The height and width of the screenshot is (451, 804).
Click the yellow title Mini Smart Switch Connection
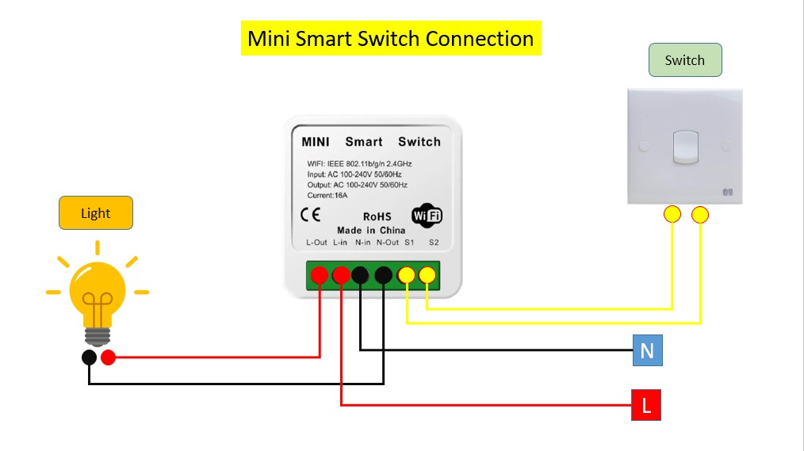pos(390,39)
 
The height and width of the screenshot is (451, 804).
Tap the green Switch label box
pos(684,60)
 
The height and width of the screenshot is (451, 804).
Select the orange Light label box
pos(95,213)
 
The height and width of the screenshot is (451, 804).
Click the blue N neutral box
pos(647,350)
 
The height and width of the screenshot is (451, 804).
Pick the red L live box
pos(646,406)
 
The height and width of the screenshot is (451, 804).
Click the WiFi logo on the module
pos(427,216)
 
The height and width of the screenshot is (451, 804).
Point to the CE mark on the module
pos(311,215)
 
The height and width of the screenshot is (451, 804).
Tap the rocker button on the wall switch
pos(685,147)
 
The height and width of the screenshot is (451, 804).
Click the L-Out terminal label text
pos(316,243)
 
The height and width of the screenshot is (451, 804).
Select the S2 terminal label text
pos(433,243)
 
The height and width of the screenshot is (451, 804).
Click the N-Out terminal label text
pos(388,243)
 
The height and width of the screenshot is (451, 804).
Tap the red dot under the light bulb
pos(109,357)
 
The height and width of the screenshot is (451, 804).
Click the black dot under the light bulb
pos(90,357)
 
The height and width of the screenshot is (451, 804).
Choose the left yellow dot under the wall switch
pos(672,214)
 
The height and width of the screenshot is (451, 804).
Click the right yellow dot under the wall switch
pos(700,214)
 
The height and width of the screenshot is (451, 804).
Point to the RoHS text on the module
pos(377,216)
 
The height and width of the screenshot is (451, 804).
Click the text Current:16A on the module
pos(327,195)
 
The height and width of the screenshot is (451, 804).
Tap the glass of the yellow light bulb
pos(98,289)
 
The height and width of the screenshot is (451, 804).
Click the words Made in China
pos(371,230)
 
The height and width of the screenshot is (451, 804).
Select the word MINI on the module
pos(316,142)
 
